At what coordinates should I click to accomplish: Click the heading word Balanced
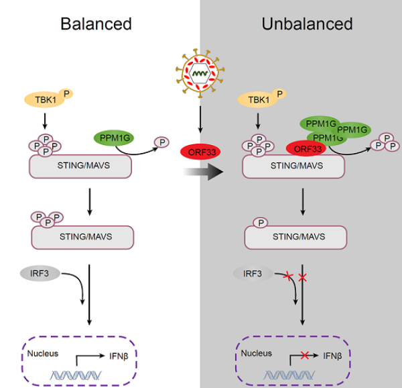pyautogui.click(x=96, y=24)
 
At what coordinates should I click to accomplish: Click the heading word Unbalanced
pyautogui.click(x=307, y=24)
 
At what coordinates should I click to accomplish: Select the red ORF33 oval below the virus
pyautogui.click(x=200, y=151)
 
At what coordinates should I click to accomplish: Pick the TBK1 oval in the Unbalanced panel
pyautogui.click(x=257, y=100)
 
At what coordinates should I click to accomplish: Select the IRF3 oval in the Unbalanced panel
pyautogui.click(x=254, y=274)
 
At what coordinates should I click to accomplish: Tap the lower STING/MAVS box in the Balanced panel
pyautogui.click(x=82, y=236)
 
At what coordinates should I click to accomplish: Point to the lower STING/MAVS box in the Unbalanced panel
pyautogui.click(x=295, y=236)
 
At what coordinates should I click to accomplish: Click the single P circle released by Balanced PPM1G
pyautogui.click(x=161, y=142)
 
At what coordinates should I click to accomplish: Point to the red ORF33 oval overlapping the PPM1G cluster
pyautogui.click(x=306, y=148)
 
